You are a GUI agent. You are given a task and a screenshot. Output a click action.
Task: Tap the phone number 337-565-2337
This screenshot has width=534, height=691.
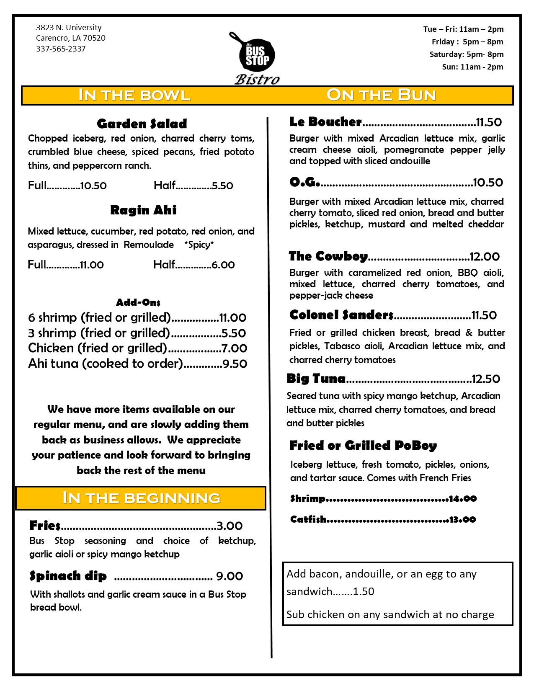click(61, 49)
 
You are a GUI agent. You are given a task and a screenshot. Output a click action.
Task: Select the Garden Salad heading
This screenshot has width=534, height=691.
click(142, 124)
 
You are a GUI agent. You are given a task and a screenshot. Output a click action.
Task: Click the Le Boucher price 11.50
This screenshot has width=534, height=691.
click(489, 122)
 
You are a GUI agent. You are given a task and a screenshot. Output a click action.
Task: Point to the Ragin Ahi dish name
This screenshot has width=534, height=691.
click(143, 210)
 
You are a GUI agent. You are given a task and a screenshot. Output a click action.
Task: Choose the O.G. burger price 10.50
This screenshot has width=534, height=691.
click(488, 183)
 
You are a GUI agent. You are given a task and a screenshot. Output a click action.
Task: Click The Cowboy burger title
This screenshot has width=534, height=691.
click(328, 256)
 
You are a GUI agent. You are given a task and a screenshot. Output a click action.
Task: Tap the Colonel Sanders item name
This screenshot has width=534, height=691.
click(341, 315)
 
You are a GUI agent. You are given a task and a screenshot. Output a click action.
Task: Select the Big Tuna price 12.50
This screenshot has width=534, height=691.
click(486, 379)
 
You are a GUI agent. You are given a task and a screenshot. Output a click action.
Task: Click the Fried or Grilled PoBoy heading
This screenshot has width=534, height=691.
click(363, 446)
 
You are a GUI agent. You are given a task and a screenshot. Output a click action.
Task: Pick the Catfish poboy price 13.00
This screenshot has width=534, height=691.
click(462, 520)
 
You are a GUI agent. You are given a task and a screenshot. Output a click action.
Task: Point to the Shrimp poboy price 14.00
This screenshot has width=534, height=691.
click(463, 499)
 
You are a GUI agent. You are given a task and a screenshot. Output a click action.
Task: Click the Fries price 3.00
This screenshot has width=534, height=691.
click(230, 526)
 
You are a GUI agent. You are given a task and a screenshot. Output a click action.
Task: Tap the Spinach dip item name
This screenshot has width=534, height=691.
click(68, 576)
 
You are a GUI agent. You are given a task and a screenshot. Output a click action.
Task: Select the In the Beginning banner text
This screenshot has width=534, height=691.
click(141, 498)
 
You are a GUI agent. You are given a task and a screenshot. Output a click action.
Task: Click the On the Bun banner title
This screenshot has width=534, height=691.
click(381, 95)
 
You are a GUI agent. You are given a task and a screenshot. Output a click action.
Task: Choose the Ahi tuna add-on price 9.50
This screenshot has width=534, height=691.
click(235, 364)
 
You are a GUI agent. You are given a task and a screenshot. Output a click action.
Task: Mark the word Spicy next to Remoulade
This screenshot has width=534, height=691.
click(199, 245)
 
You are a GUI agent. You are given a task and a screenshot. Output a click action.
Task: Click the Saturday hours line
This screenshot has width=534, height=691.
click(466, 54)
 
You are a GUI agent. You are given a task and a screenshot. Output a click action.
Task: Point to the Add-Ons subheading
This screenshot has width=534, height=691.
click(138, 302)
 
